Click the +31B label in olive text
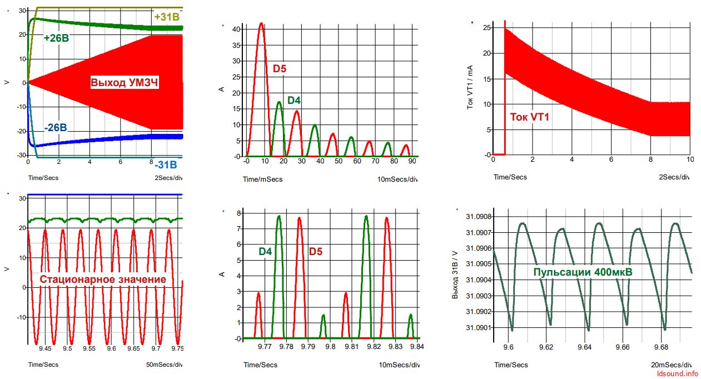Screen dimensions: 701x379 [x=167, y=17]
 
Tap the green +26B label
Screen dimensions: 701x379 [x=56, y=38]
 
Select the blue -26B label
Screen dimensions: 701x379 [x=56, y=128]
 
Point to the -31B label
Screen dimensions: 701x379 [x=166, y=164]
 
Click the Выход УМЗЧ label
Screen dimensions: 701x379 [x=124, y=82]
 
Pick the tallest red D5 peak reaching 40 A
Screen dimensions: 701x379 [x=261, y=23]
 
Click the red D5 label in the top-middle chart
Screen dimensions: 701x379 [x=280, y=68]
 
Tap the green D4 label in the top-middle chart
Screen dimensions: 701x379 [x=294, y=100]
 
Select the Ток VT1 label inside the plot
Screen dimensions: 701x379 [x=530, y=117]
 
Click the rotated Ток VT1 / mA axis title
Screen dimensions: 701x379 [x=470, y=87]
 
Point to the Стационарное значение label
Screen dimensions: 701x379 [x=103, y=279]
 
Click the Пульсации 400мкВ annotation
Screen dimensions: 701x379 [x=583, y=272]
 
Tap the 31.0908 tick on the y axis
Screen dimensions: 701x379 [x=479, y=217]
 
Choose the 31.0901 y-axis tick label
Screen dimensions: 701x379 [x=479, y=328]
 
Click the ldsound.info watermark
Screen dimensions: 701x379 [x=678, y=373]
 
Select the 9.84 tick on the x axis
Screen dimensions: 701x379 [x=417, y=346]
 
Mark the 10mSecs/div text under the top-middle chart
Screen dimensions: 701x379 [x=397, y=179]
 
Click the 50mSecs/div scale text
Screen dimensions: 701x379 [x=164, y=365]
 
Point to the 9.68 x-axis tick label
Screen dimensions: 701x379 [x=661, y=347]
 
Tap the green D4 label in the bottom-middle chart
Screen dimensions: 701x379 [x=265, y=251]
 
